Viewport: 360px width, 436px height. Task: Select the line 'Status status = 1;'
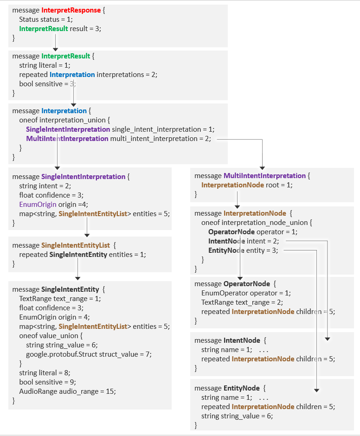pos(46,19)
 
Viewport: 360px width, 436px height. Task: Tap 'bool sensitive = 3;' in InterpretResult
pos(47,84)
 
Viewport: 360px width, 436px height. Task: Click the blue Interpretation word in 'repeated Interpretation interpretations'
pos(72,75)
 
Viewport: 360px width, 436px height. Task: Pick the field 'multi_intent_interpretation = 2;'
pos(160,139)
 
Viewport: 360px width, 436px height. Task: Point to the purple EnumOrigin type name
pos(38,205)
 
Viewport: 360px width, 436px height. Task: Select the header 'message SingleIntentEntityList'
pos(64,245)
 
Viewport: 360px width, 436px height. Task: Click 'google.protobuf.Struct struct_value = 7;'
pos(89,354)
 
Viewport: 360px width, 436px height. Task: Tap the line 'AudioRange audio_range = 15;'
pos(67,391)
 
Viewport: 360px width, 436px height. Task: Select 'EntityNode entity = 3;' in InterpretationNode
pos(243,250)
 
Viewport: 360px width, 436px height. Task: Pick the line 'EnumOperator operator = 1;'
pos(246,293)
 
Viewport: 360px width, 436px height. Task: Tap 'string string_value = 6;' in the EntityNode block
pos(237,416)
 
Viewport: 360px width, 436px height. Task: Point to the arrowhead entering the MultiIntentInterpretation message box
pos(263,167)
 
